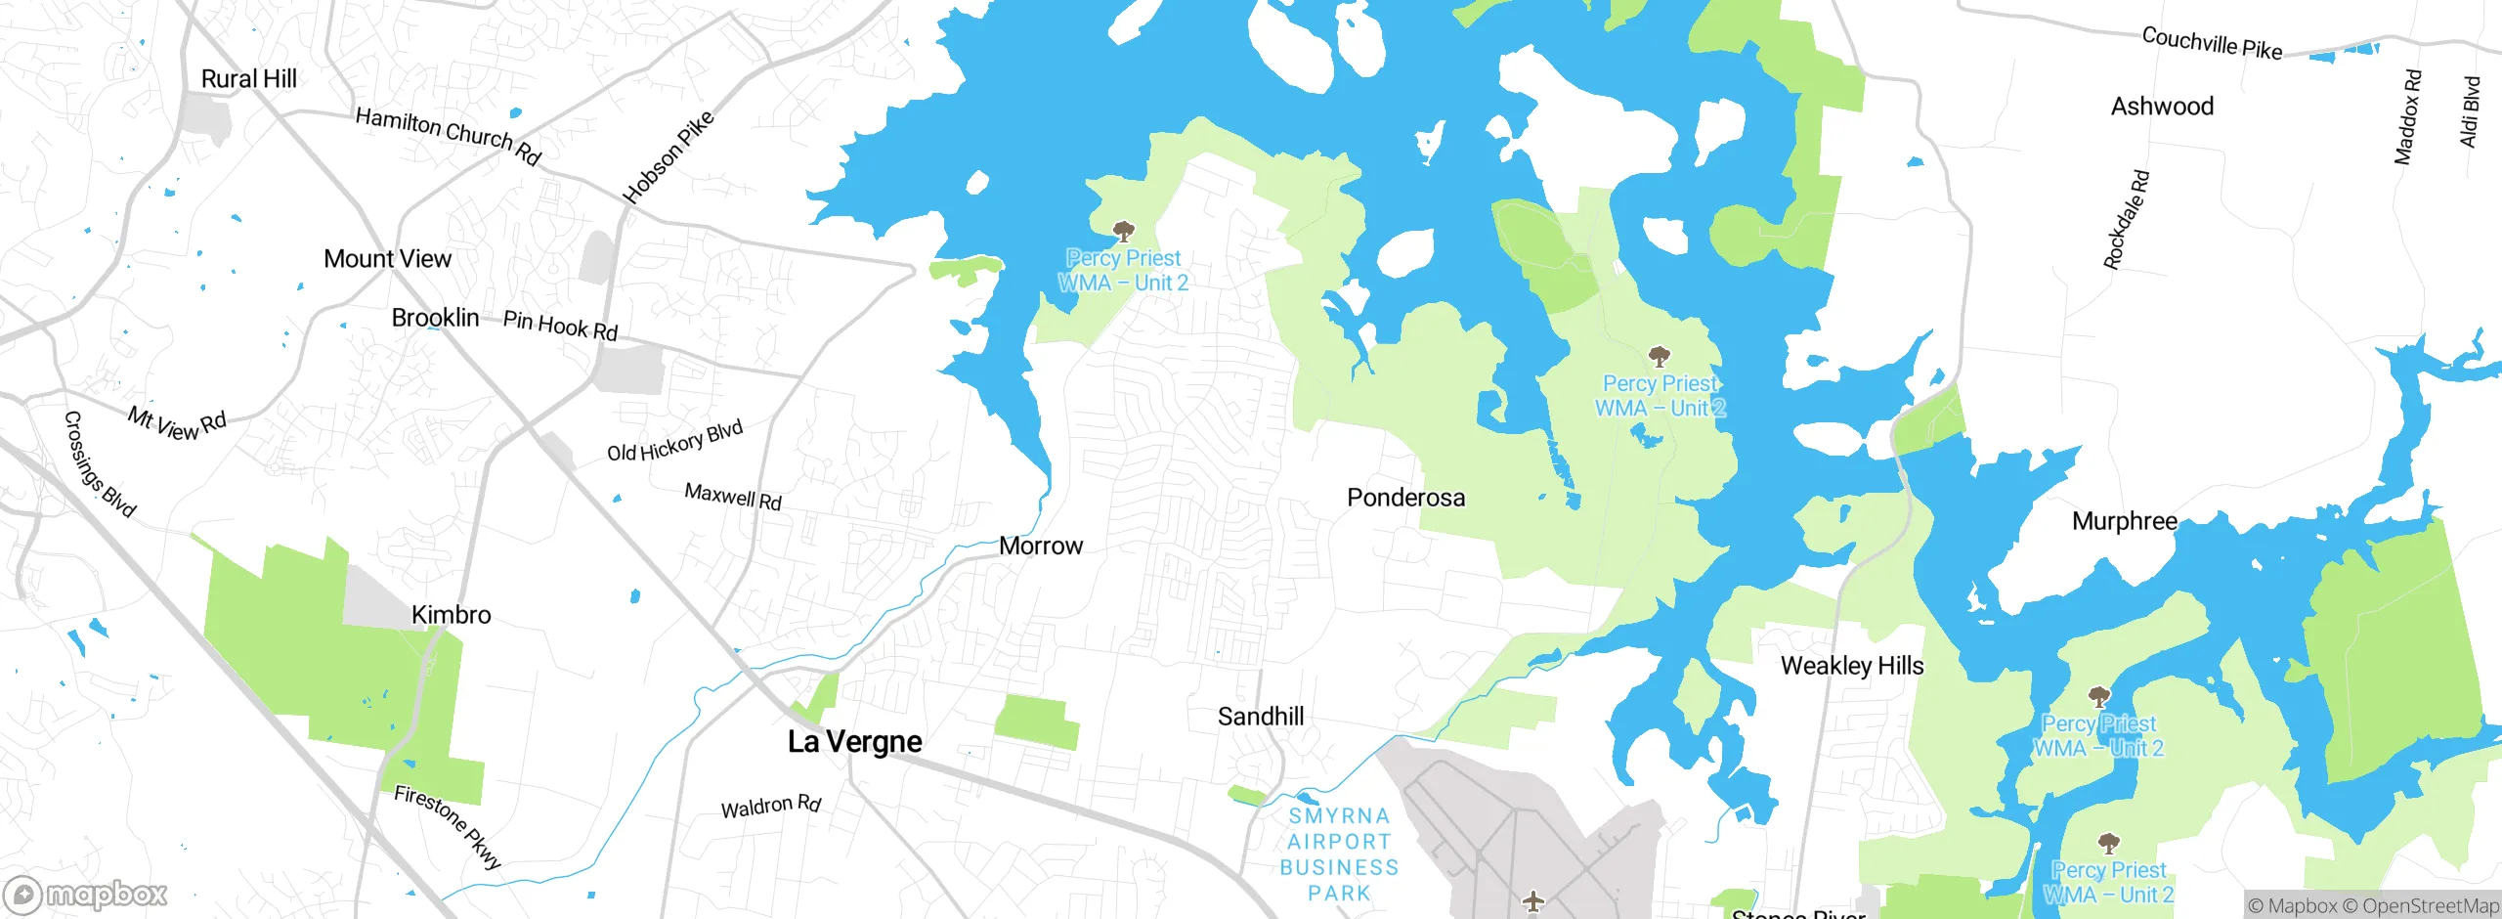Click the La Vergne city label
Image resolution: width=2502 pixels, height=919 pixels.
[x=854, y=741]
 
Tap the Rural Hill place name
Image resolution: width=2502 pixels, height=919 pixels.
[x=248, y=79]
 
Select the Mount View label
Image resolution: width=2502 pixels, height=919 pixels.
[x=387, y=259]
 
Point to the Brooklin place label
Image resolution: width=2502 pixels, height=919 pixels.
[x=435, y=318]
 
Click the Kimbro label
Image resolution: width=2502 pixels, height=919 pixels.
[x=451, y=615]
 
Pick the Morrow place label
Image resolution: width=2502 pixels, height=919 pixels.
[x=1040, y=546]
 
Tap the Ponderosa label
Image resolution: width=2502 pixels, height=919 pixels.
[x=1405, y=498]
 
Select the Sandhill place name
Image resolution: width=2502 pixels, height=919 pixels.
[x=1260, y=717]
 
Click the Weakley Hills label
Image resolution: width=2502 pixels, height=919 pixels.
[x=1851, y=666]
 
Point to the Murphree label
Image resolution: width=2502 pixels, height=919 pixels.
[x=2124, y=521]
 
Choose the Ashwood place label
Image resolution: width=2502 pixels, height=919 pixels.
[x=2162, y=107]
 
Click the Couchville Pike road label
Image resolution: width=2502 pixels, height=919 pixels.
[x=2212, y=43]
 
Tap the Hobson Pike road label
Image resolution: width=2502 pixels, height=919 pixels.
[x=669, y=157]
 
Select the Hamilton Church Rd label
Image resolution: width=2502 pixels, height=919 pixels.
[x=448, y=136]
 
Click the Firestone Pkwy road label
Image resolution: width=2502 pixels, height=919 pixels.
[x=448, y=826]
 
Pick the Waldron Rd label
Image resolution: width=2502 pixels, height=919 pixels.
[x=770, y=807]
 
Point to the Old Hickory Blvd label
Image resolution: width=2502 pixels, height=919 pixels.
[x=674, y=441]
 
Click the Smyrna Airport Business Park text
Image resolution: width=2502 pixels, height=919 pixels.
[x=1339, y=854]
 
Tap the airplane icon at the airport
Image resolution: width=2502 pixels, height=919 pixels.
[x=1532, y=900]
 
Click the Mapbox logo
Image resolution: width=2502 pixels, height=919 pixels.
[x=86, y=894]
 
